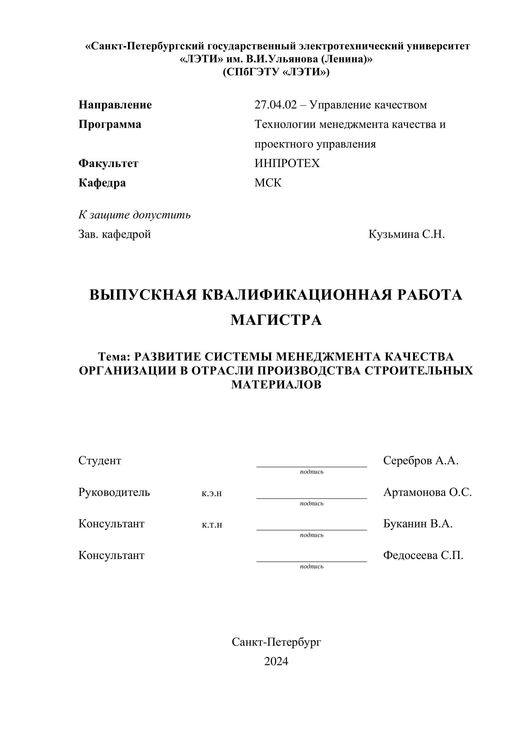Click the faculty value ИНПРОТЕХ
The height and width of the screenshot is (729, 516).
(287, 163)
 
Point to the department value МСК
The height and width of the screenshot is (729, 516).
(268, 183)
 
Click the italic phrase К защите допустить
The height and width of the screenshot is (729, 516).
(134, 215)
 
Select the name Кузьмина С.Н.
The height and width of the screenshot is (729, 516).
(406, 234)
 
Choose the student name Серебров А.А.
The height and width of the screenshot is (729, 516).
(421, 460)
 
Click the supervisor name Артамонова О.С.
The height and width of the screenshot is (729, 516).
(427, 492)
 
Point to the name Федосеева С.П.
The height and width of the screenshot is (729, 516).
(423, 555)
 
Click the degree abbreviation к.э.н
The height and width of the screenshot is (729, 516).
(212, 493)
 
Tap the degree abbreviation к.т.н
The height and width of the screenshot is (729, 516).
(212, 525)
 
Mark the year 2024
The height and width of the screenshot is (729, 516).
(276, 661)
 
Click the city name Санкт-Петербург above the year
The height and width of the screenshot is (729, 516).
(276, 642)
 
